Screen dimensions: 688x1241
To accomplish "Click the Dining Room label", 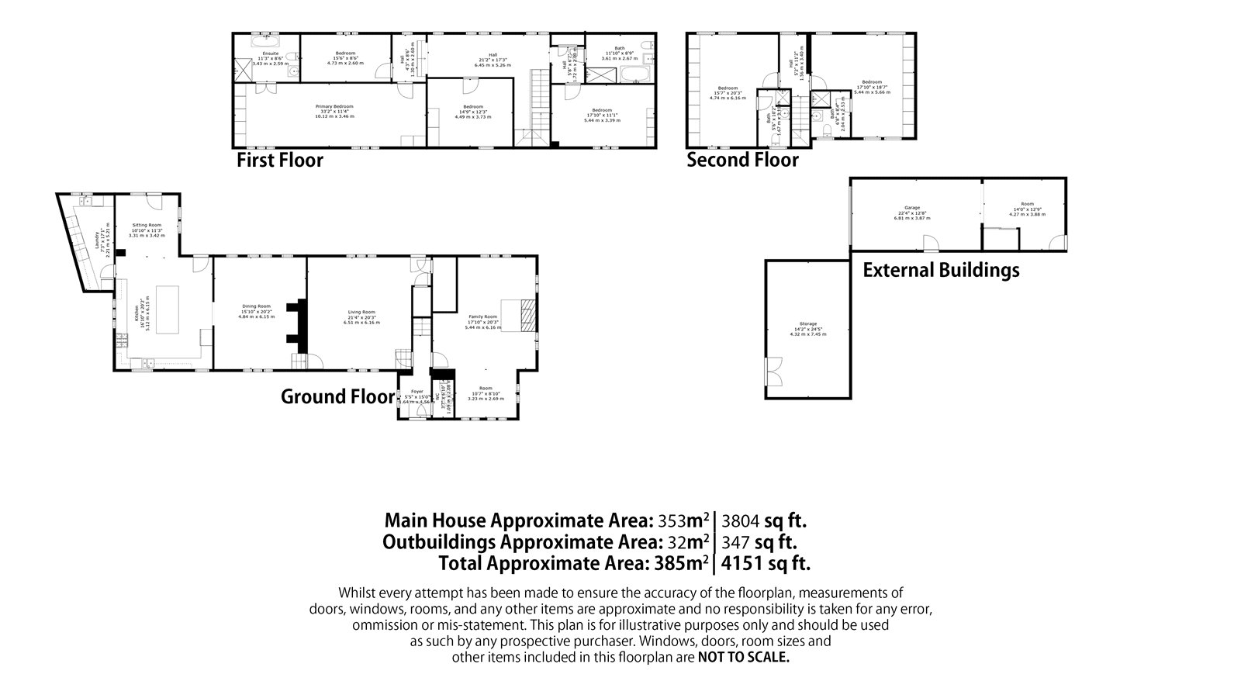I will click(254, 306).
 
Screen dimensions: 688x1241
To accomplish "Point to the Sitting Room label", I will click(146, 224).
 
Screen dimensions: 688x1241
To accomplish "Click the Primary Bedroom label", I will click(334, 106).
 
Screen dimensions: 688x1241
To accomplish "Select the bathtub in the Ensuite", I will click(270, 38).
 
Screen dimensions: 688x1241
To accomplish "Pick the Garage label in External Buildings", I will click(911, 208).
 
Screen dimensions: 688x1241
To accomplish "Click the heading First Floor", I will click(279, 161).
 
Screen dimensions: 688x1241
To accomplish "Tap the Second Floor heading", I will click(742, 161).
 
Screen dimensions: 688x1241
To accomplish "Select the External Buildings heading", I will click(941, 270).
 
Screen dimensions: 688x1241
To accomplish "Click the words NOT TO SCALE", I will click(743, 657).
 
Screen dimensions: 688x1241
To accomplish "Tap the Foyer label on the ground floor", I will click(417, 392).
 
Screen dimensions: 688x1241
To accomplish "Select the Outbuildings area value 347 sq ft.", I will click(759, 541).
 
